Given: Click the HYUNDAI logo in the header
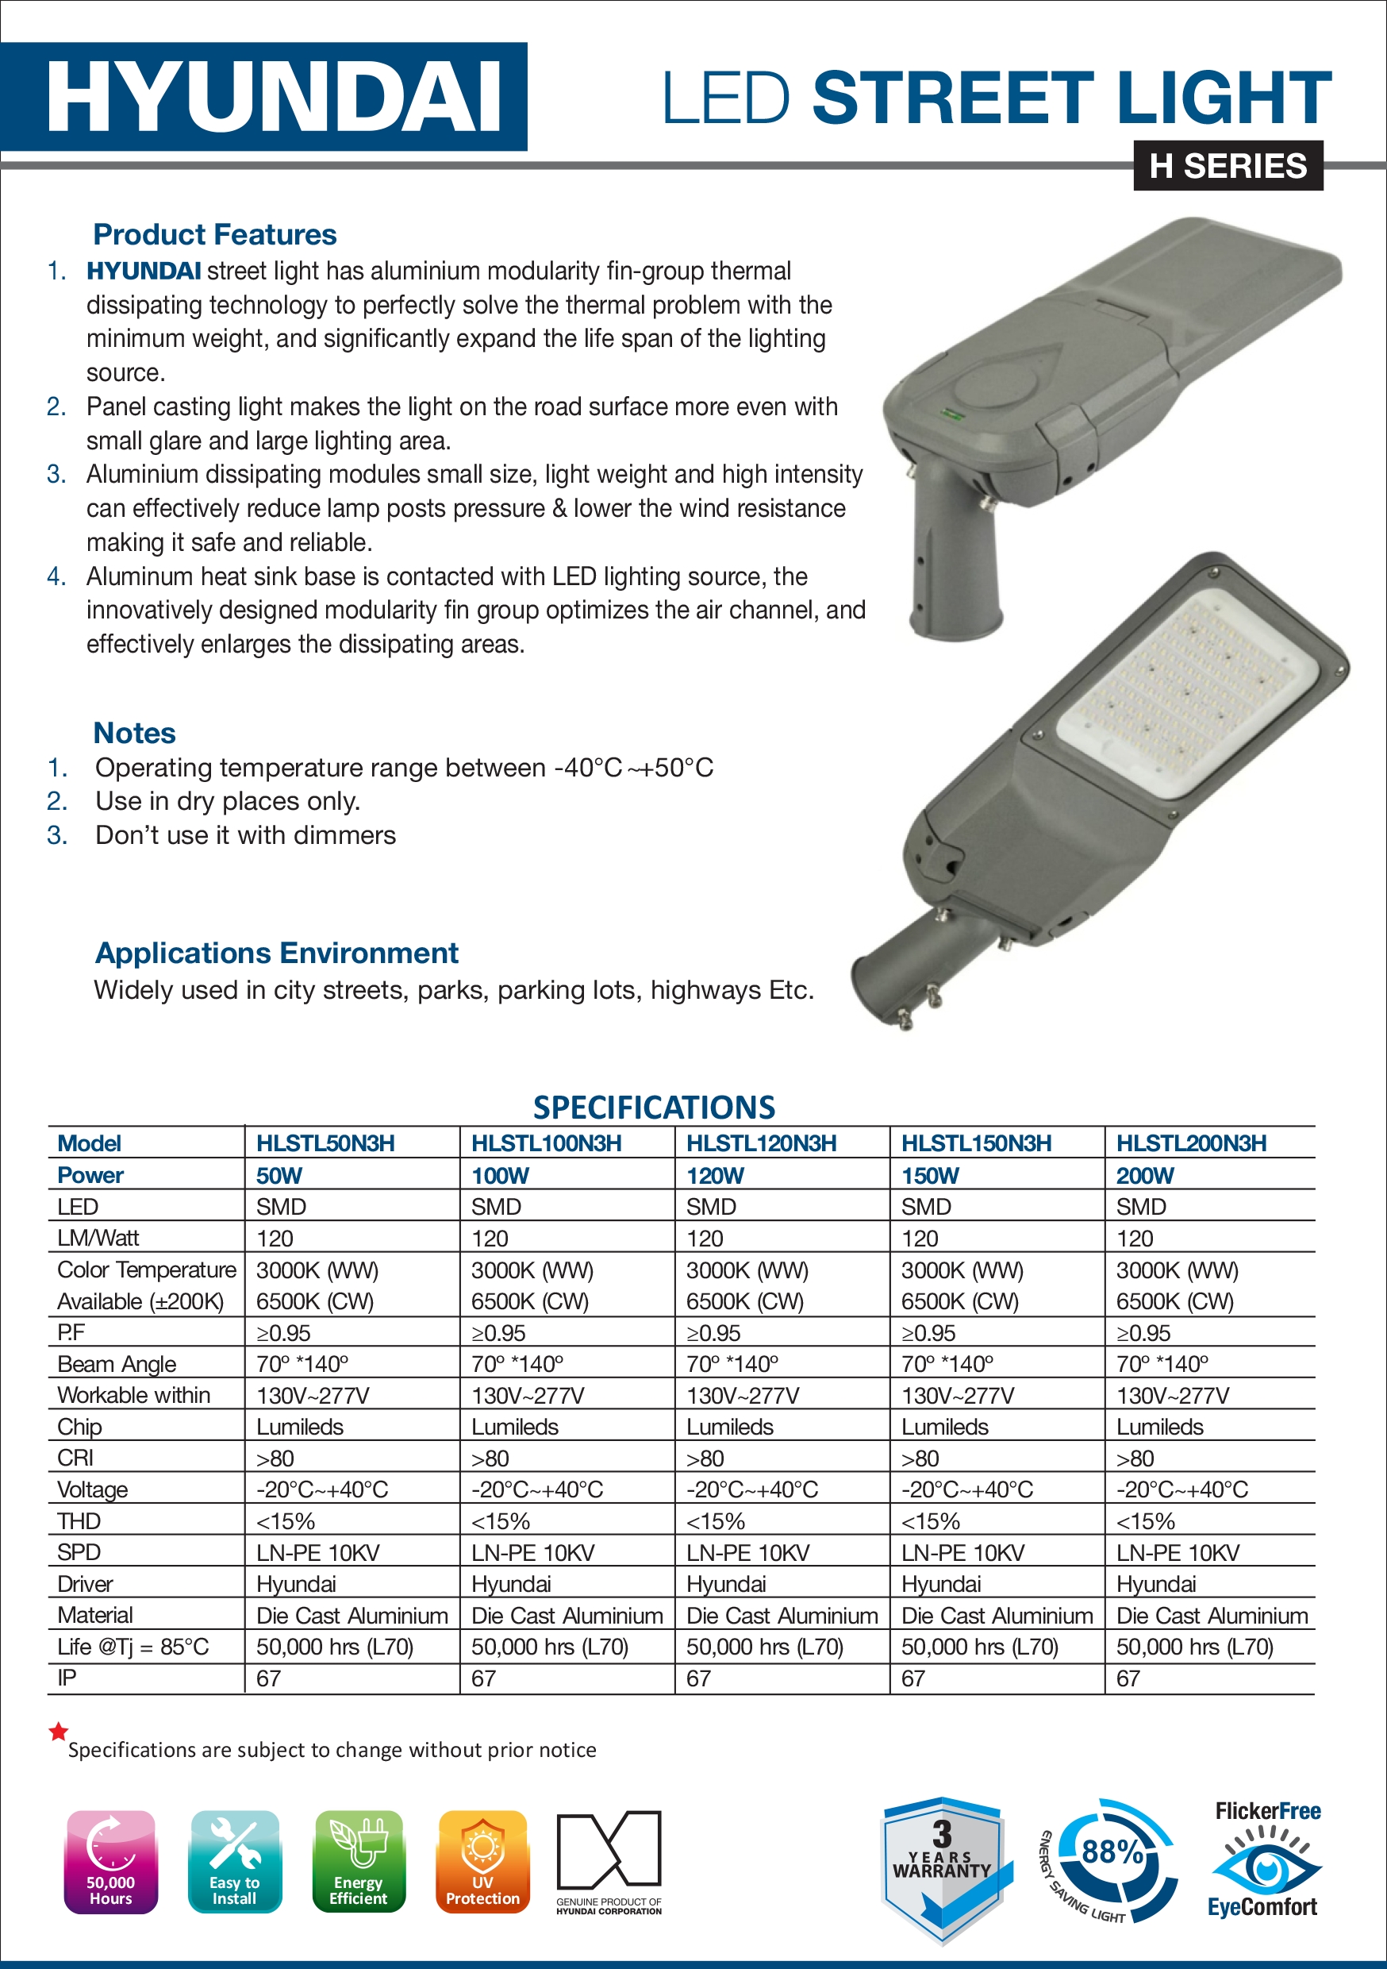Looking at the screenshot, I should click(273, 97).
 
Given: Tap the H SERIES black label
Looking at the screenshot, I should click(1228, 165).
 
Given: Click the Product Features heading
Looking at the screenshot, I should click(214, 234).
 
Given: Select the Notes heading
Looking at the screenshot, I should click(135, 734).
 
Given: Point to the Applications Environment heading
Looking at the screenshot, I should click(276, 953).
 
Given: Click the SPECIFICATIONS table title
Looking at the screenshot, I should click(654, 1107).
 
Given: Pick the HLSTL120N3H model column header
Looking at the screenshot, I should click(761, 1143).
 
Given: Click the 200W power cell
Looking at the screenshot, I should click(1145, 1176).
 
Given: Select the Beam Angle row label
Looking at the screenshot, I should click(117, 1363).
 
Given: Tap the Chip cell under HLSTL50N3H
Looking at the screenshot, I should click(300, 1427).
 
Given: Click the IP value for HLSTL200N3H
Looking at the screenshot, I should click(1128, 1678).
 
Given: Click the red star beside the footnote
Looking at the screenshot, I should click(58, 1732).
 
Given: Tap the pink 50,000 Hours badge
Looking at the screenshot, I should click(110, 1862).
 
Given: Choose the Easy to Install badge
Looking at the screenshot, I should click(234, 1862).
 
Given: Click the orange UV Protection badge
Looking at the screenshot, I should click(482, 1862).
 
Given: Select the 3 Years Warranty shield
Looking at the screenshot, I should click(942, 1866).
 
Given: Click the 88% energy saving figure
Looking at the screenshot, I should click(1112, 1852).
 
